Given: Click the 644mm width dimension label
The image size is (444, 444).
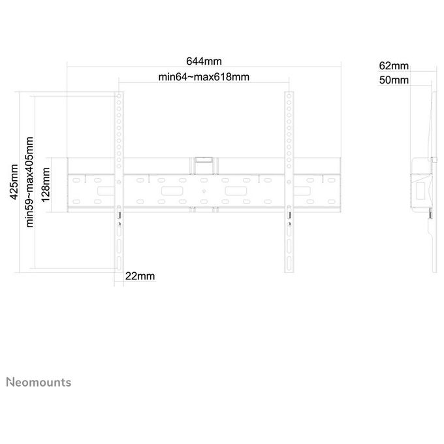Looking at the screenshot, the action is pyautogui.click(x=204, y=61).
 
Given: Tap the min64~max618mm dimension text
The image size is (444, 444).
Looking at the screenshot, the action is pyautogui.click(x=204, y=77).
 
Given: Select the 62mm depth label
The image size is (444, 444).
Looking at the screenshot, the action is pyautogui.click(x=394, y=66).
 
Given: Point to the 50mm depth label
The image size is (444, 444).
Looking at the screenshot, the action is pyautogui.click(x=394, y=80).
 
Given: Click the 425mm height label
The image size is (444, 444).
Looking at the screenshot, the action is pyautogui.click(x=14, y=182).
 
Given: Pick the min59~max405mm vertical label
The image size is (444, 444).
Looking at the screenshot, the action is pyautogui.click(x=29, y=182).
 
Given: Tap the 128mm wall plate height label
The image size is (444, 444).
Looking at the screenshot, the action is pyautogui.click(x=46, y=185).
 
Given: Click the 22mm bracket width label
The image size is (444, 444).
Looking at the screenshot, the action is pyautogui.click(x=140, y=276).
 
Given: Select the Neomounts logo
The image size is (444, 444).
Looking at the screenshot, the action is pyautogui.click(x=39, y=382).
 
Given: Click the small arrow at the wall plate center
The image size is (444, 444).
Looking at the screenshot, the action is pyautogui.click(x=204, y=191).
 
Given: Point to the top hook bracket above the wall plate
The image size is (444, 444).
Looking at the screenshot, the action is pyautogui.click(x=204, y=166).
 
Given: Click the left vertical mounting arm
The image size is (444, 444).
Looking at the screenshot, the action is pyautogui.click(x=119, y=182).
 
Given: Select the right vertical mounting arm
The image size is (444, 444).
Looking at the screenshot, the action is pyautogui.click(x=289, y=182).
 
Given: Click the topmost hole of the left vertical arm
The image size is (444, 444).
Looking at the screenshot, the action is pyautogui.click(x=119, y=96).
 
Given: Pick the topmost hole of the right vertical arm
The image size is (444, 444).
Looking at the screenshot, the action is pyautogui.click(x=289, y=96).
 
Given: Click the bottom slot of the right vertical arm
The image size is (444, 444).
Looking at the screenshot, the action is pyautogui.click(x=289, y=263).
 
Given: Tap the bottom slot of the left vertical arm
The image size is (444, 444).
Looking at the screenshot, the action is pyautogui.click(x=119, y=262).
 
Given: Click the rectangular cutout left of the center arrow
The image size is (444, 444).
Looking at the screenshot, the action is pyautogui.click(x=172, y=191).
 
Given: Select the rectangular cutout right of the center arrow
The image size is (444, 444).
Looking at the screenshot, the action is pyautogui.click(x=236, y=191).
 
